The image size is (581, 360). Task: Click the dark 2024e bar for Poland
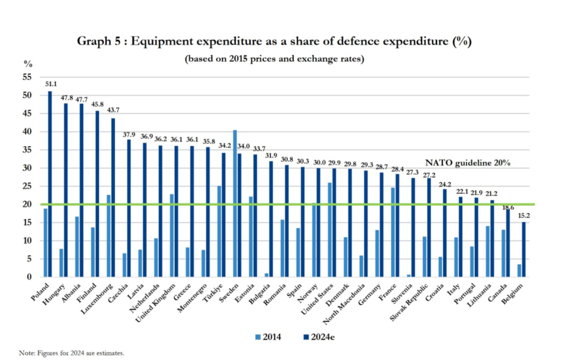[50, 184]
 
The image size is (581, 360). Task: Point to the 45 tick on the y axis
[27, 113]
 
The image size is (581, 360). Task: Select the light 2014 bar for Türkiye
[219, 231]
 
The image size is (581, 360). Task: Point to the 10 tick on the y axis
[27, 241]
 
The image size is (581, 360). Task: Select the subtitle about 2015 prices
[274, 58]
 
